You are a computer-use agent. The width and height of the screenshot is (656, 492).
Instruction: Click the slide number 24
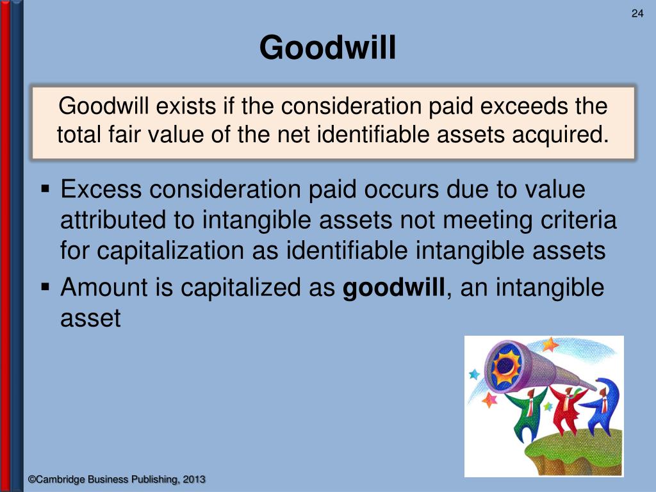pos(637,15)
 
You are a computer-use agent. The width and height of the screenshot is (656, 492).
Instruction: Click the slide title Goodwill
pos(327,48)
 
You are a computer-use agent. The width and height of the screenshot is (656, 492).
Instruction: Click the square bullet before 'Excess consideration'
pos(45,190)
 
